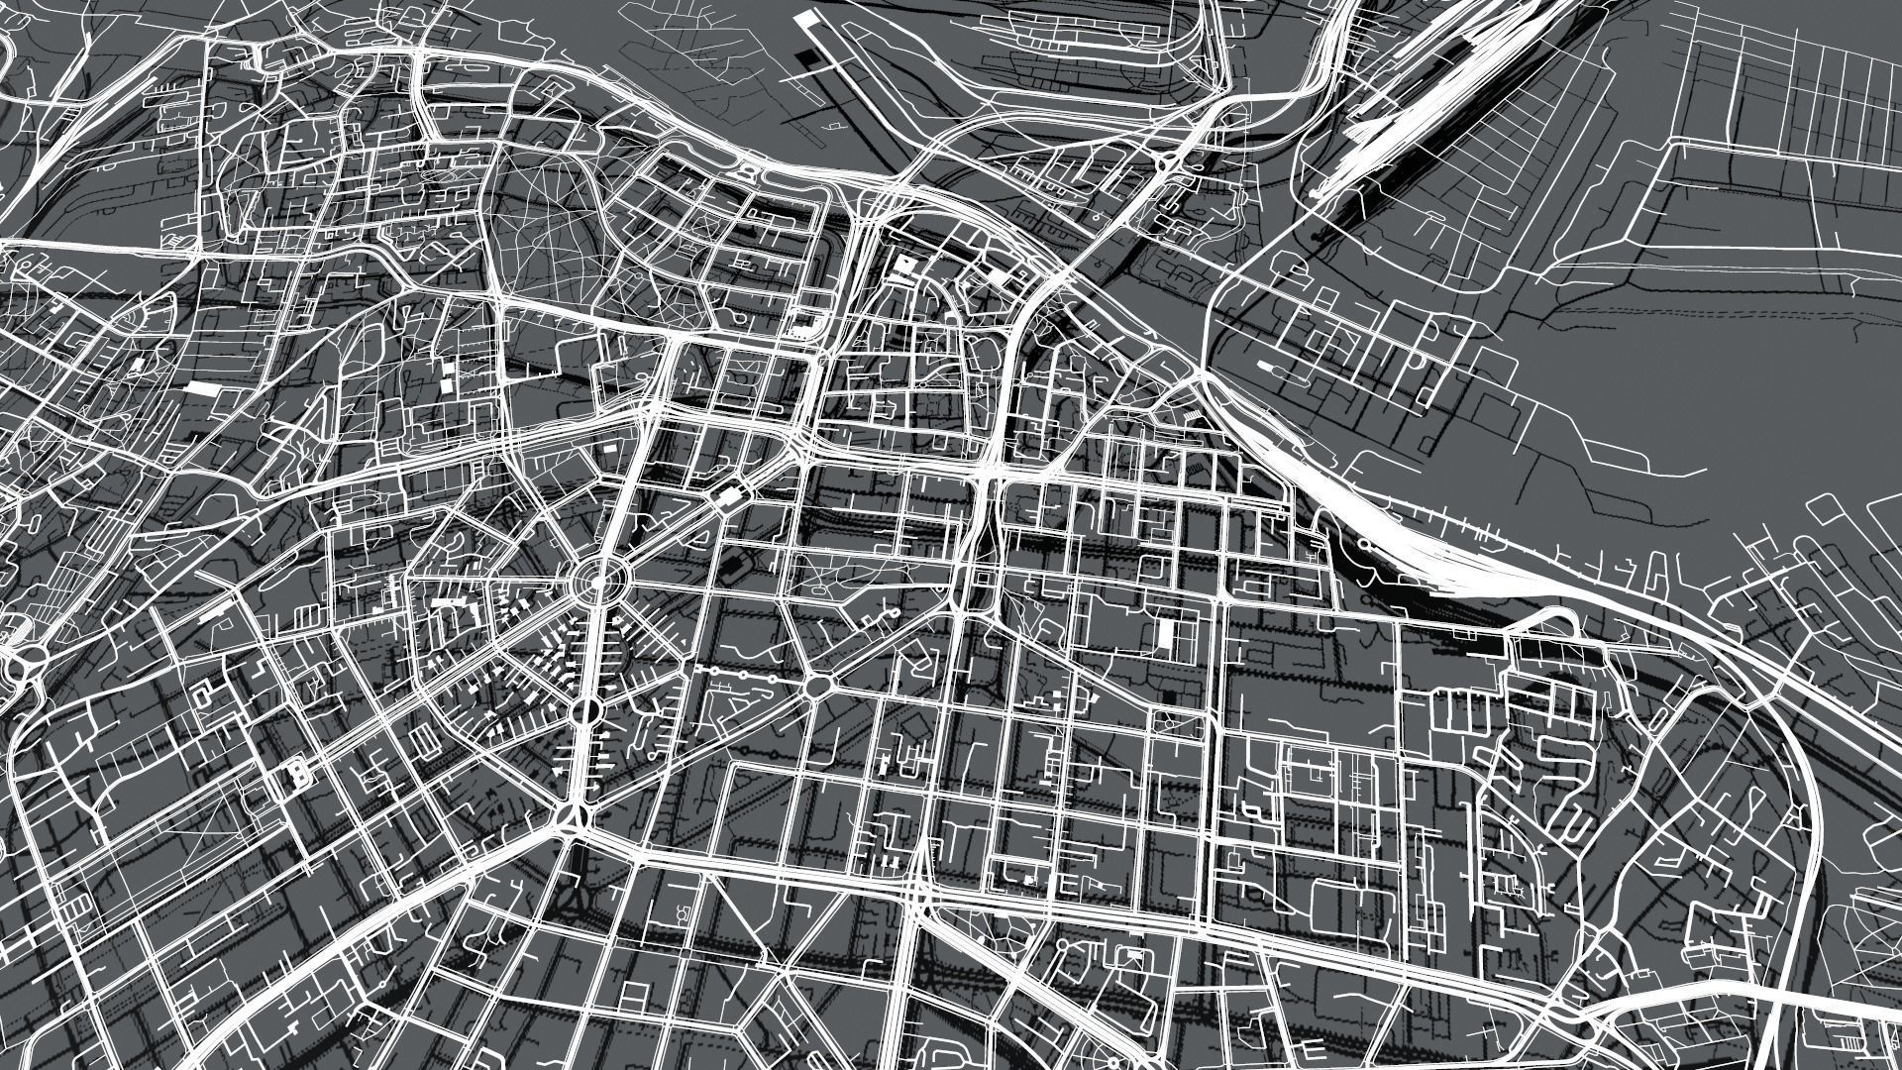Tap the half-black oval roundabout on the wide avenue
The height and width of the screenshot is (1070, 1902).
[x=585, y=710]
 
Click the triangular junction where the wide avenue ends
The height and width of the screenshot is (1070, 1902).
[x=572, y=815]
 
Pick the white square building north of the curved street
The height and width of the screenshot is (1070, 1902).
[x=903, y=266]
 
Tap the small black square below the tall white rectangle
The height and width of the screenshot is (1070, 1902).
[x=1168, y=696]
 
